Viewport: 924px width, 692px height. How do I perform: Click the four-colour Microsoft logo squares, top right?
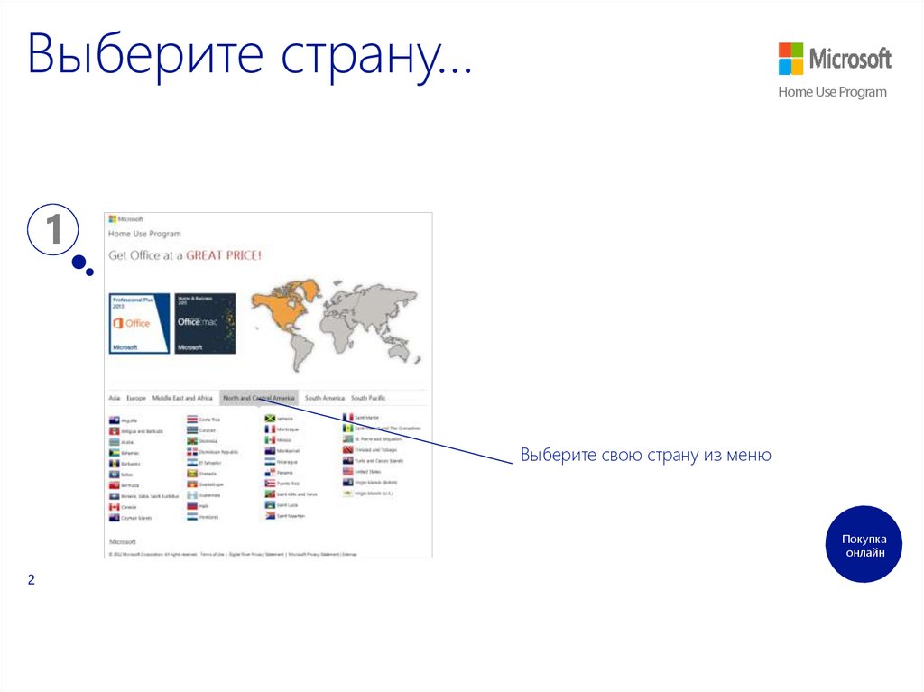790,59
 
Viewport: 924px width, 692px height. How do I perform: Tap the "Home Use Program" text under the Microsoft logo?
832,92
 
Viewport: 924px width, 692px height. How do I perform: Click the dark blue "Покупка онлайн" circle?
864,544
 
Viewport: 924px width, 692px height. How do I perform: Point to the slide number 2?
31,580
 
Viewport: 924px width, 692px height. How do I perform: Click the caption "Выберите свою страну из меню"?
645,456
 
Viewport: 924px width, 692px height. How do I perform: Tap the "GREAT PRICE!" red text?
224,255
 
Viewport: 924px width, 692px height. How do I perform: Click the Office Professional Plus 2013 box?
139,323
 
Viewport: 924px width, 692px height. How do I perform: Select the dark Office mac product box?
205,323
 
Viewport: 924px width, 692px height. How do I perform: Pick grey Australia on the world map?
403,347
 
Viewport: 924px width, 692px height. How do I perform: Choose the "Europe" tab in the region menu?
136,398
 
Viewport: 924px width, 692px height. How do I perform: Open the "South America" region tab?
324,398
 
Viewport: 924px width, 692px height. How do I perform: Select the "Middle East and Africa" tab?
182,398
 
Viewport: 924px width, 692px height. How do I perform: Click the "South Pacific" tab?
368,398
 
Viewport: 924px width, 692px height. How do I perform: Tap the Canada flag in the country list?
114,507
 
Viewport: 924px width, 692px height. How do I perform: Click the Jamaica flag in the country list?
270,419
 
